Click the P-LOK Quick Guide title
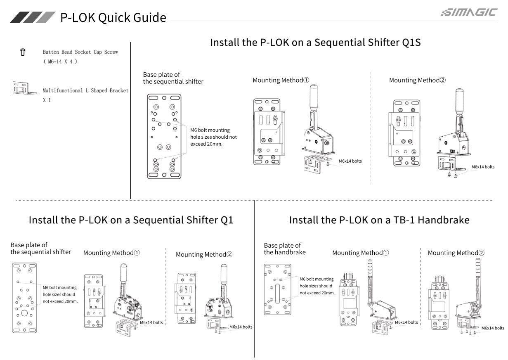click(x=113, y=17)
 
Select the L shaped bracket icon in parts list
click(x=23, y=88)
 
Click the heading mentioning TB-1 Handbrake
click(x=379, y=220)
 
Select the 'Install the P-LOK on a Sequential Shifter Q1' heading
click(x=131, y=220)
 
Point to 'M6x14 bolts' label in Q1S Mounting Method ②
click(x=482, y=167)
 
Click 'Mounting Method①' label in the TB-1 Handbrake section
click(x=361, y=253)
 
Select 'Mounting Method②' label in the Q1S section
click(x=417, y=80)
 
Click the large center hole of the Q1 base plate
click(x=25, y=313)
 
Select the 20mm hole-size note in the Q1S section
click(x=213, y=137)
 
